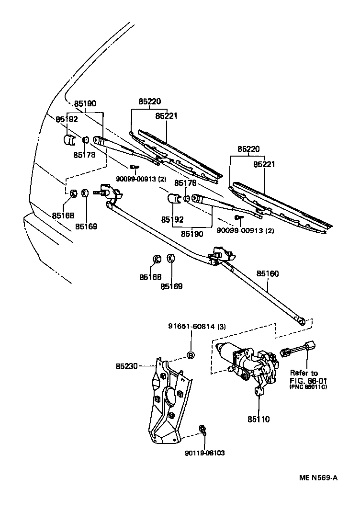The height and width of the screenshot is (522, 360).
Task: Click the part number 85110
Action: point(259,420)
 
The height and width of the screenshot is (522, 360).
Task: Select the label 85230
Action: point(126,366)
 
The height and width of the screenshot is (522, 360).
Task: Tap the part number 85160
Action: point(267,274)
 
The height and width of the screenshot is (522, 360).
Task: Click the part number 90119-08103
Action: point(205,453)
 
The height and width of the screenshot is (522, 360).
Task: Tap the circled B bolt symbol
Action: point(190,355)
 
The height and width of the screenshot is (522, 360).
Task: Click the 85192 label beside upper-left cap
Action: point(66,119)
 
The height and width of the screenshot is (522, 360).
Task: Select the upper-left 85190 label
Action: point(85,103)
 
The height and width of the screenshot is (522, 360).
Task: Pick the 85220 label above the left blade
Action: point(150,102)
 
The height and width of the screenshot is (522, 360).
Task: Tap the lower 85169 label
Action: point(171,286)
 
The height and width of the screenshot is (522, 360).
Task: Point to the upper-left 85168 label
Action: point(63,216)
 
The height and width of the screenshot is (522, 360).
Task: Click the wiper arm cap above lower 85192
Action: point(174,198)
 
